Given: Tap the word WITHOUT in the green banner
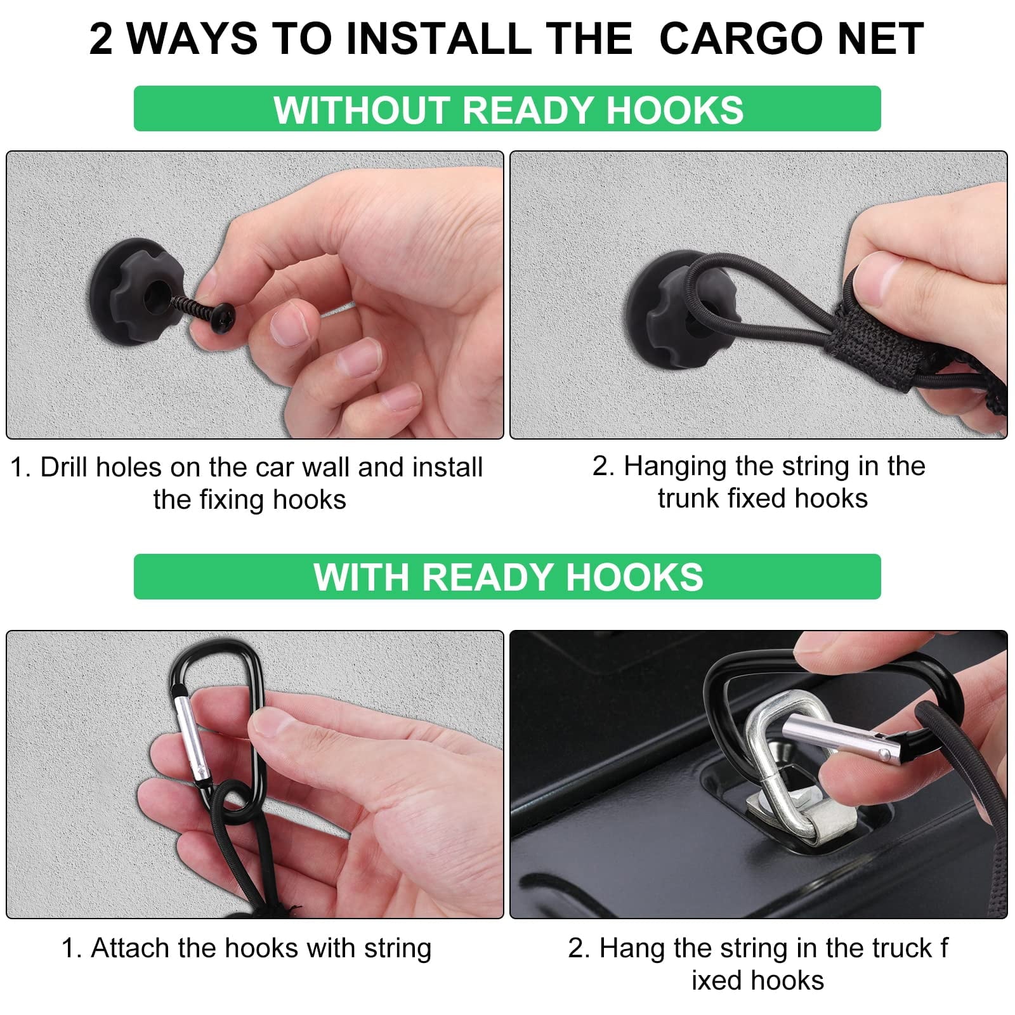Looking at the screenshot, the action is coord(362,109).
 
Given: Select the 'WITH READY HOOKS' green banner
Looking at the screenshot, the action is coord(507,577).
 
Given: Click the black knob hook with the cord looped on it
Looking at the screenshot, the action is coord(666,298).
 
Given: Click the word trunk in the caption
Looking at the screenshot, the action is coord(688,499).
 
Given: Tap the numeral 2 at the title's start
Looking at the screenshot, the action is coord(101,39).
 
